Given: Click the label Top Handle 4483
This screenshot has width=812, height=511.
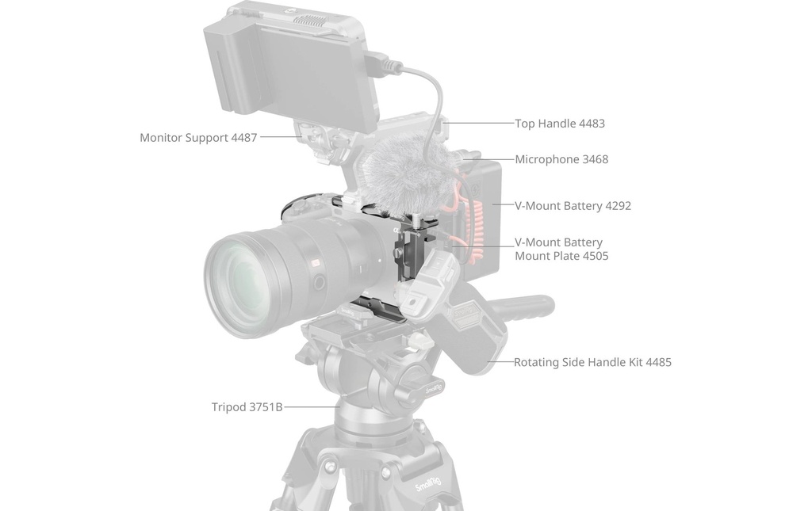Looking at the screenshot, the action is pyautogui.click(x=559, y=124).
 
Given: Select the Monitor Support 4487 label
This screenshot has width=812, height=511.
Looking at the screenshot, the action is pyautogui.click(x=198, y=138).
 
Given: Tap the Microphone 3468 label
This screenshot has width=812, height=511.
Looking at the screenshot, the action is pyautogui.click(x=561, y=159).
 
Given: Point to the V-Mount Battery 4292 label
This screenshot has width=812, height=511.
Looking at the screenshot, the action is pyautogui.click(x=573, y=206).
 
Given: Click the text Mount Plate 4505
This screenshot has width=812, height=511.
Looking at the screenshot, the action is pyautogui.click(x=561, y=256).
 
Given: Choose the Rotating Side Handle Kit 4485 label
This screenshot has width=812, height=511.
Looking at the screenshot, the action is pyautogui.click(x=592, y=363).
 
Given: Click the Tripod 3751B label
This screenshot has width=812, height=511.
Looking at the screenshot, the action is pyautogui.click(x=247, y=407).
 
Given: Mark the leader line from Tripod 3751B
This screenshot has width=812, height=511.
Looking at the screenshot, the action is pyautogui.click(x=312, y=407).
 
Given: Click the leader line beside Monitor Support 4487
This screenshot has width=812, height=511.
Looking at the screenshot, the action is pyautogui.click(x=280, y=137).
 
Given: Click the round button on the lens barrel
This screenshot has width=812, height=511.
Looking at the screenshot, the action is pyautogui.click(x=319, y=282).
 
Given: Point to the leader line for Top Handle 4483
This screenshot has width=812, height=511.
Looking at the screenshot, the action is pyautogui.click(x=480, y=123).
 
